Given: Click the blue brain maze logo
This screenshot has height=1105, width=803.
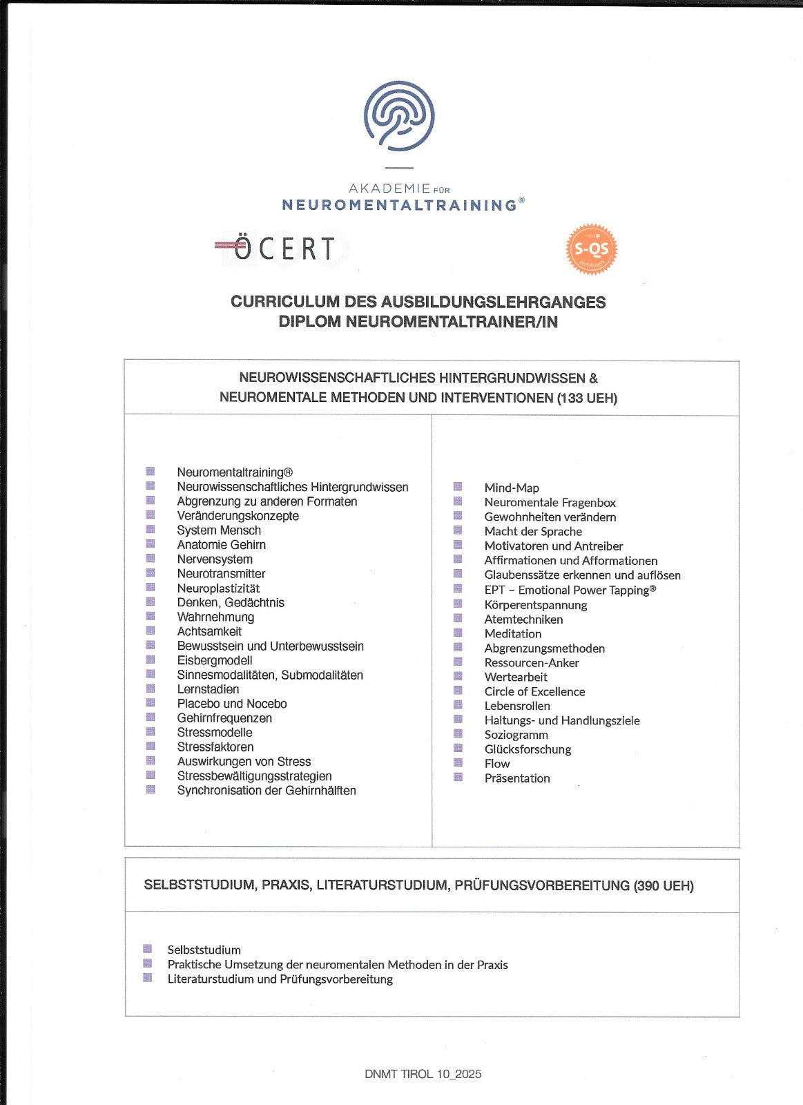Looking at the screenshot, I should tap(399, 116).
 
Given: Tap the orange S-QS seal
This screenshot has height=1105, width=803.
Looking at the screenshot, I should tap(591, 249).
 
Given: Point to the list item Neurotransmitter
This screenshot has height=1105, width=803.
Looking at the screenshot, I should tap(221, 574).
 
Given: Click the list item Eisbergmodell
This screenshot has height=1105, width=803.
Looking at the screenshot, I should tap(215, 660).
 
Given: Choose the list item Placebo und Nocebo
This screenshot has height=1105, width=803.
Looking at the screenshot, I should tap(232, 704).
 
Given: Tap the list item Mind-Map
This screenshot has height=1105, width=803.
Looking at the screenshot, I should tap(512, 488).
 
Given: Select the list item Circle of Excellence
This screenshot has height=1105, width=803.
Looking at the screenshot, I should tap(534, 691).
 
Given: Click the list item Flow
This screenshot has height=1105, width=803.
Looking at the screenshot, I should tap(497, 763).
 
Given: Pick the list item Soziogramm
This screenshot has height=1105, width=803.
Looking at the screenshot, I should tap(516, 735).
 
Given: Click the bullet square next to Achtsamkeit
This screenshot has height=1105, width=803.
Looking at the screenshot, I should tap(150, 631).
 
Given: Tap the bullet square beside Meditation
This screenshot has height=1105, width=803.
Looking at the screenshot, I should tap(457, 633).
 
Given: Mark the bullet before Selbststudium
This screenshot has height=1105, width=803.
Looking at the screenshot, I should tap(147, 949).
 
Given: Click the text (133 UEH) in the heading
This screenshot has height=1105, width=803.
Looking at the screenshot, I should tap(587, 398).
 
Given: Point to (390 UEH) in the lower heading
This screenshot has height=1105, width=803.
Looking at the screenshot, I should tap(663, 885).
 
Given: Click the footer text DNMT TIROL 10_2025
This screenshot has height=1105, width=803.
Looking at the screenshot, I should tap(423, 1074).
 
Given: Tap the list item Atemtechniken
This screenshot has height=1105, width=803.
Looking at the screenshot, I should tap(523, 619).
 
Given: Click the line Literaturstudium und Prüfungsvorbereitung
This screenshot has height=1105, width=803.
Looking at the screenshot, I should tap(280, 979).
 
